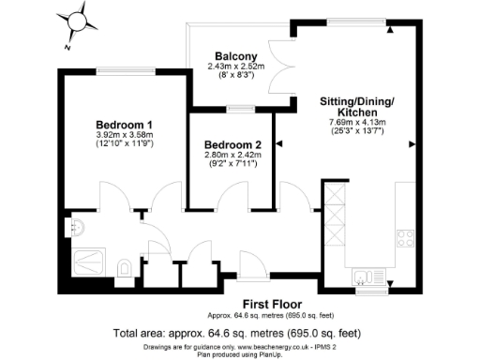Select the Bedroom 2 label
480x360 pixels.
click(x=232, y=143)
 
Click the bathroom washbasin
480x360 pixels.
click(x=77, y=225)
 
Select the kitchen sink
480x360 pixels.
click(x=367, y=276)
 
